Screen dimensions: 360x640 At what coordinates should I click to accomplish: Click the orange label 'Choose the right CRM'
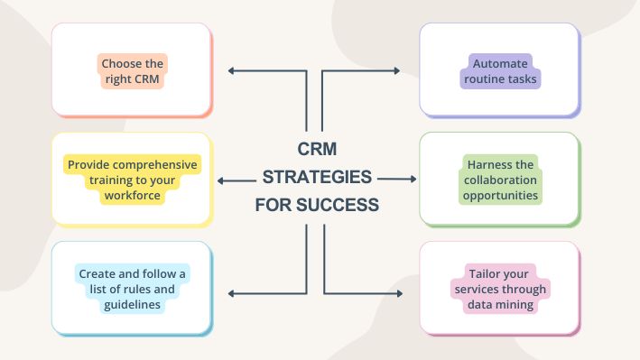133,71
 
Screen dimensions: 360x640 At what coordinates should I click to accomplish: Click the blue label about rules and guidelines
133,288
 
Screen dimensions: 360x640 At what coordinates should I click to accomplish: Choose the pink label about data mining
500,288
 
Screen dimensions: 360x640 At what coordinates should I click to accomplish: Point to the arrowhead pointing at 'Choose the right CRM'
232,70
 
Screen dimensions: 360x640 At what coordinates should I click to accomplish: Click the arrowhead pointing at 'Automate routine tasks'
398,70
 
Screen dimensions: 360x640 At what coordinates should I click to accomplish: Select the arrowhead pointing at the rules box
232,292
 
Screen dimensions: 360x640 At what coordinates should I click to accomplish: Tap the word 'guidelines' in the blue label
133,304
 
